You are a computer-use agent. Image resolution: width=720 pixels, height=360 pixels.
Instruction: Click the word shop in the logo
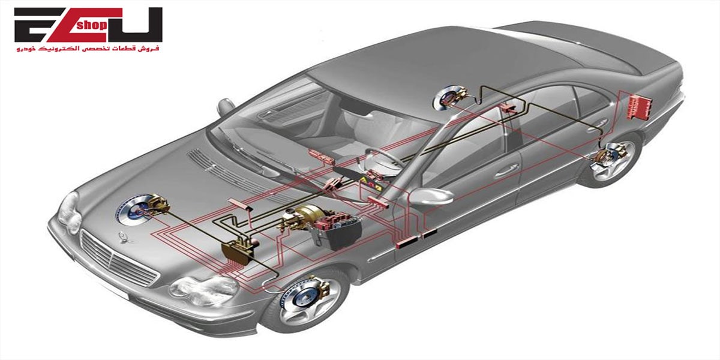92,25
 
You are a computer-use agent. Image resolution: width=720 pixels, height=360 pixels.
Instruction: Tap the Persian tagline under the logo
88,49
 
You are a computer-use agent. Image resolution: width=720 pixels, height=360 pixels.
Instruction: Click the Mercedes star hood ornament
124,238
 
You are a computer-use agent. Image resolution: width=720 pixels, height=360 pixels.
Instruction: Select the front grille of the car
119,258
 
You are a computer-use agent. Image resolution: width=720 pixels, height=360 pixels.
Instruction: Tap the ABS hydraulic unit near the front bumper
237,252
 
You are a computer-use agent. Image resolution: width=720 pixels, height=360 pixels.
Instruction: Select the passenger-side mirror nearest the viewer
431,197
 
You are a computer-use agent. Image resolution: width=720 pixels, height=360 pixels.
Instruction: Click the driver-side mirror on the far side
226,107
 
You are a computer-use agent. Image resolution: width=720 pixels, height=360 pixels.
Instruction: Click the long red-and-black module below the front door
416,238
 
